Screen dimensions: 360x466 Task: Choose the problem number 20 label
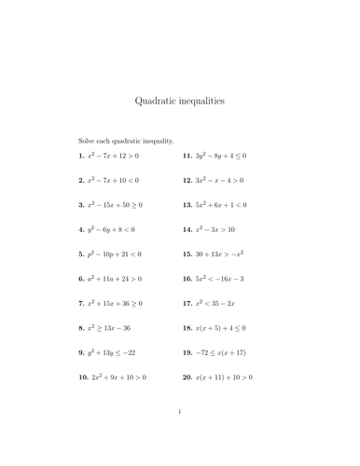[187, 377]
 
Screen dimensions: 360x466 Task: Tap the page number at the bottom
[180, 435]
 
